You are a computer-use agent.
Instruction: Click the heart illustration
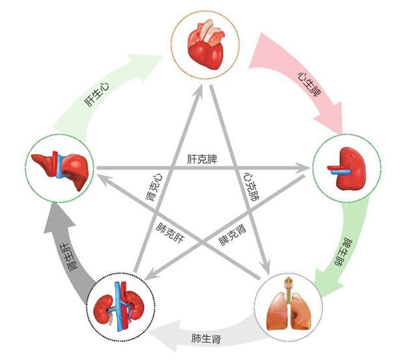[206, 45]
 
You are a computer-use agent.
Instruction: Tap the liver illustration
[60, 169]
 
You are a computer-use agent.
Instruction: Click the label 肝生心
[97, 95]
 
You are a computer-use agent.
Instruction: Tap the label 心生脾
[309, 84]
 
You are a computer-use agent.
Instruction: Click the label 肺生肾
[206, 339]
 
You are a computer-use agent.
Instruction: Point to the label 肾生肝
[70, 257]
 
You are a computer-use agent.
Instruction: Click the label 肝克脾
[202, 159]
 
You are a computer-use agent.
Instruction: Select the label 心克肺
[252, 186]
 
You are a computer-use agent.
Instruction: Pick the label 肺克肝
[170, 233]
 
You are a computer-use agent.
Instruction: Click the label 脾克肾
[233, 235]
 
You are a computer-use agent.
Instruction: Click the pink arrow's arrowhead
[330, 117]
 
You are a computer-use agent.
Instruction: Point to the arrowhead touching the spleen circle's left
[304, 168]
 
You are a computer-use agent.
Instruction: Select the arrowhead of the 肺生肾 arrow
[166, 335]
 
